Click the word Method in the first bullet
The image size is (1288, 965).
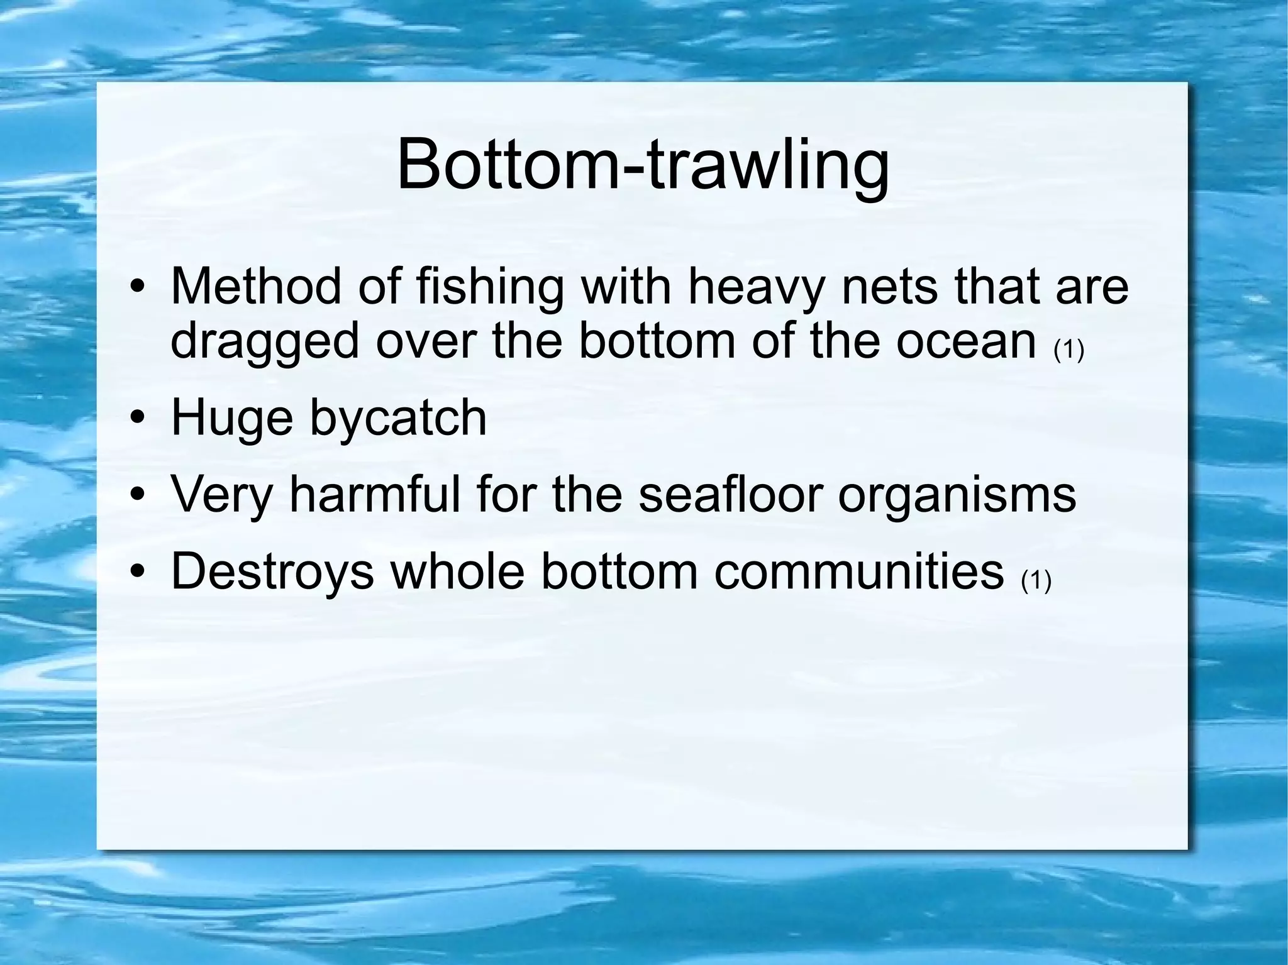tap(257, 287)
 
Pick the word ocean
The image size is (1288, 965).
tap(965, 341)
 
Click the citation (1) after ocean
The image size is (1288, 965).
tap(1069, 350)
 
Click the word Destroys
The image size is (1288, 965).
tap(272, 572)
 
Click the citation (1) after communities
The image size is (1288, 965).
tap(1036, 581)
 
